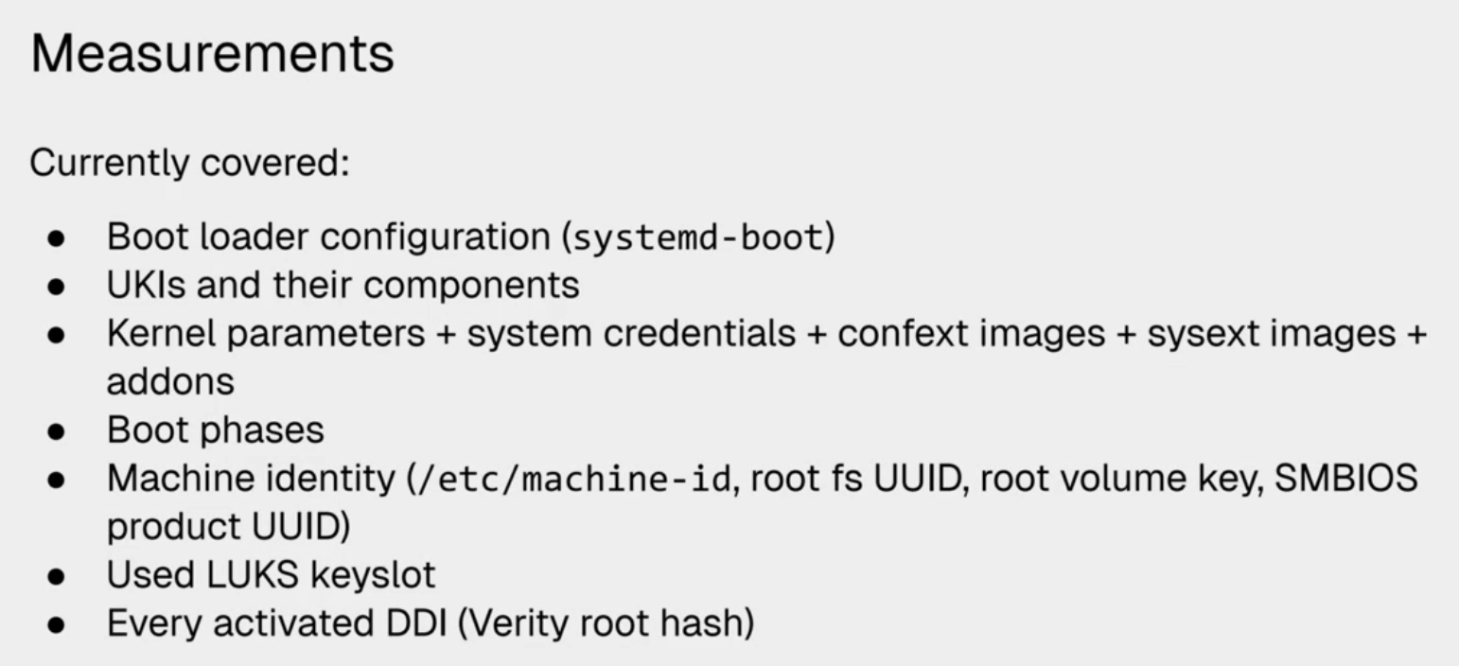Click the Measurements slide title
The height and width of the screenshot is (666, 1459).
pyautogui.click(x=212, y=54)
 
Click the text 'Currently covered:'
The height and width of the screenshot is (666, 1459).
pyautogui.click(x=190, y=164)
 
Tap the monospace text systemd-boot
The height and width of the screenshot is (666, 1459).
pyautogui.click(x=698, y=237)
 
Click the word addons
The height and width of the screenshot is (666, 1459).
pyautogui.click(x=170, y=382)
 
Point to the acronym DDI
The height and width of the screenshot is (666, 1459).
pyautogui.click(x=420, y=624)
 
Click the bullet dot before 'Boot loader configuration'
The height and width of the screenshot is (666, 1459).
pyautogui.click(x=58, y=238)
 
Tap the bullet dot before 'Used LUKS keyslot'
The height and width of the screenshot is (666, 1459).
pyautogui.click(x=58, y=576)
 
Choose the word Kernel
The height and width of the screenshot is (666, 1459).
pyautogui.click(x=162, y=334)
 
